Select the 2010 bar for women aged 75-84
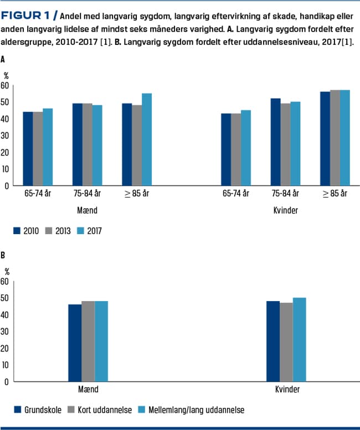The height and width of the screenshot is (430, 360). coord(275,142)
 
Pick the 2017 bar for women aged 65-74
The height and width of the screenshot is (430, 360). coord(246,148)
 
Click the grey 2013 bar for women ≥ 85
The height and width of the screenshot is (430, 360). coord(335,138)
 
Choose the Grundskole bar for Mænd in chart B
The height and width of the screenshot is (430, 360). coord(75,343)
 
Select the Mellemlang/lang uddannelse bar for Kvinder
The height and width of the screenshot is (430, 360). coord(299,339)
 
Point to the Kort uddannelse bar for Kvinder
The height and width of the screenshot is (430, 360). coord(286,342)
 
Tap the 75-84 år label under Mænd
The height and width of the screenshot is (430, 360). coord(87,193)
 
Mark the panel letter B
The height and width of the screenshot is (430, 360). coord(4,256)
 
